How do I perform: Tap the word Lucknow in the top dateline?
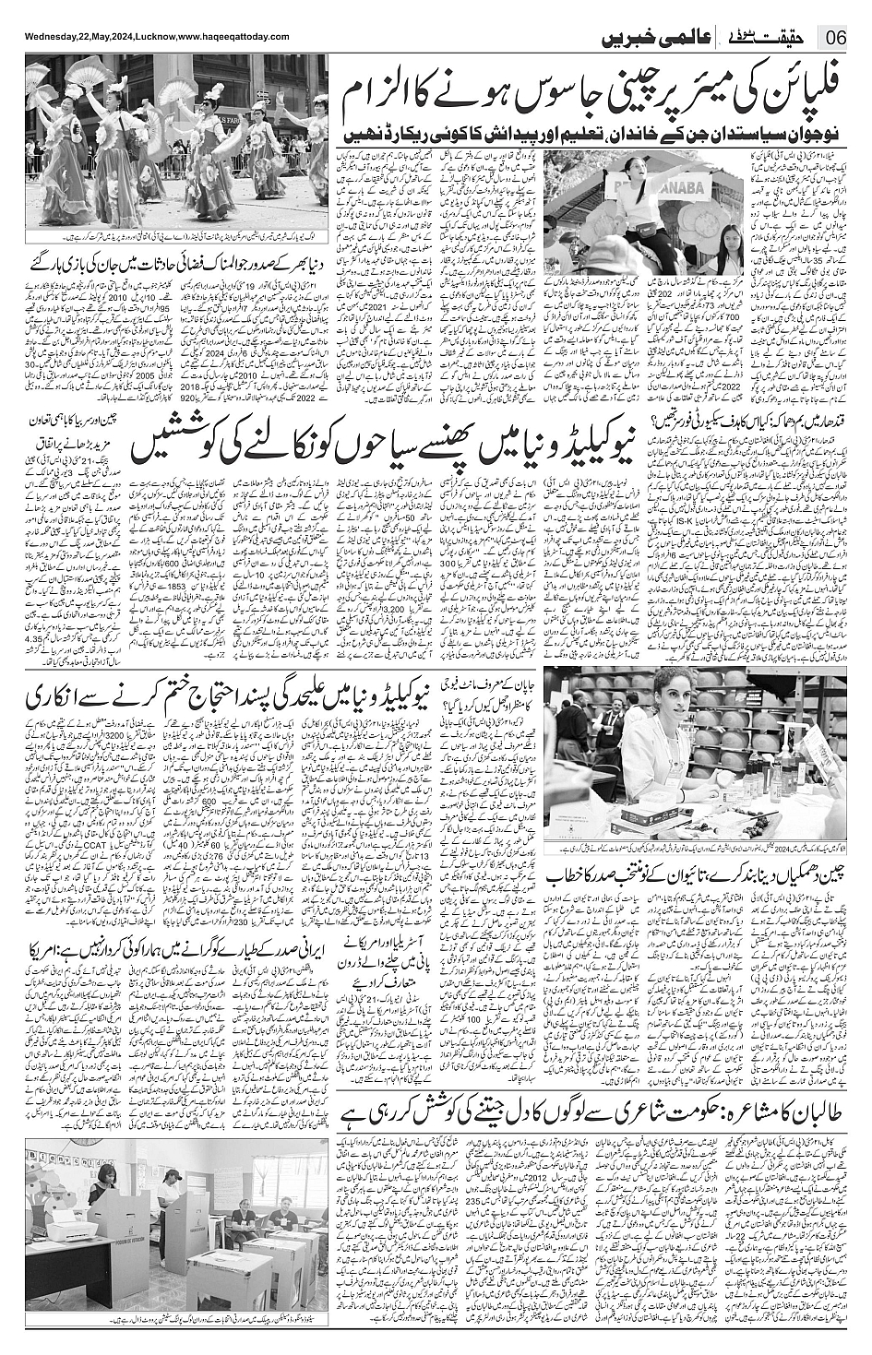(154, 36)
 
